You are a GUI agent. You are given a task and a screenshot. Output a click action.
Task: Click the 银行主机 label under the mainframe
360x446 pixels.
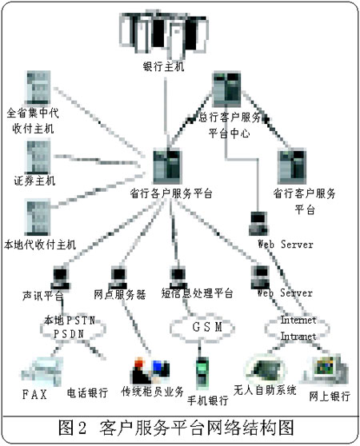tap(163, 67)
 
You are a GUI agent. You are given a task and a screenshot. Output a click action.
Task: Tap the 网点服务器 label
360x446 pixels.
tap(119, 294)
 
